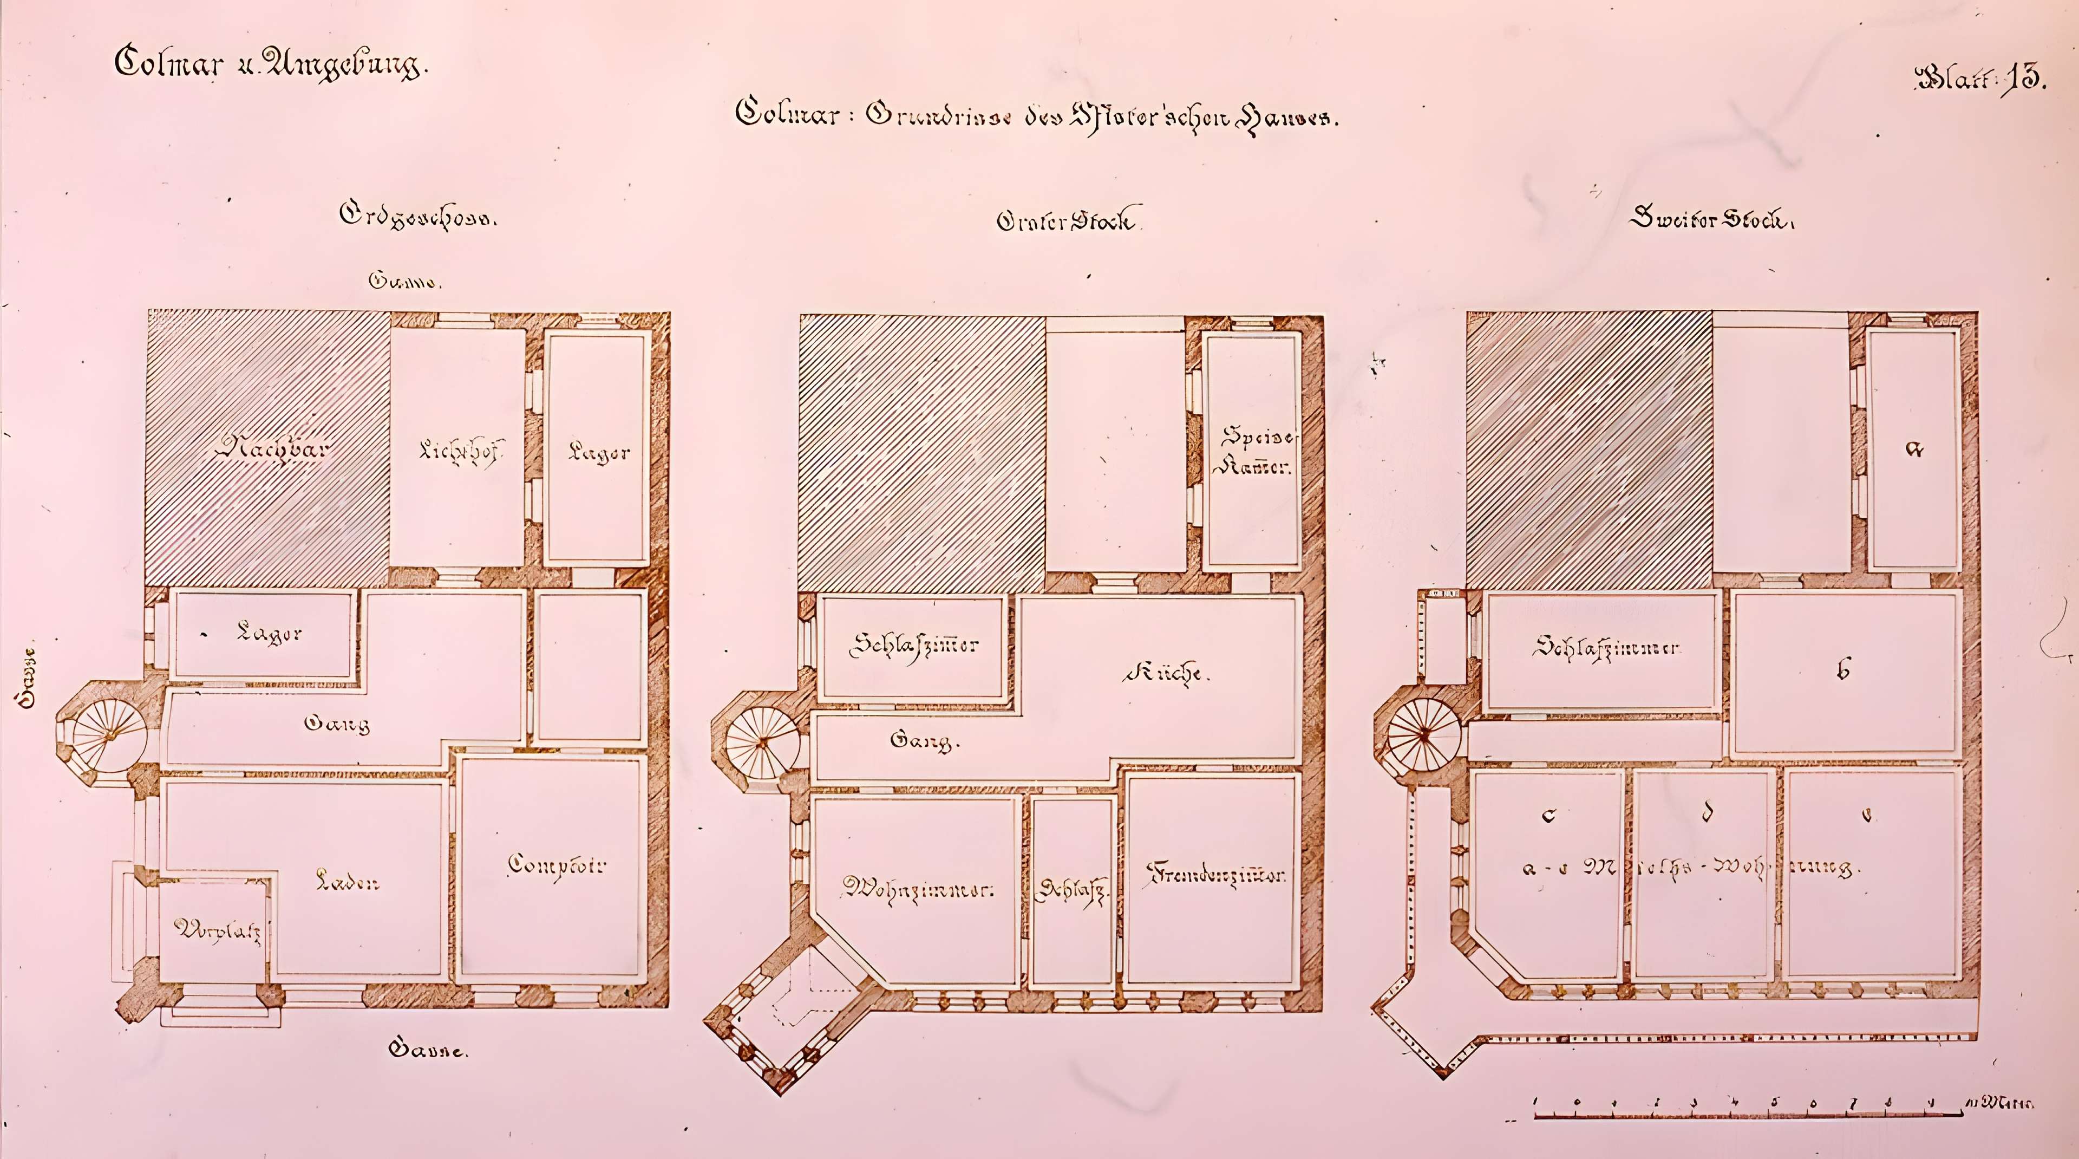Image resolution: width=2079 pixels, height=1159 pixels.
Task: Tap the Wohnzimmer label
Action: point(918,889)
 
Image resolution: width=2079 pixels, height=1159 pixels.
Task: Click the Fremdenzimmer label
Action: point(1215,875)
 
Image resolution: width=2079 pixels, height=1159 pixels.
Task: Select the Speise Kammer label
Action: point(1257,451)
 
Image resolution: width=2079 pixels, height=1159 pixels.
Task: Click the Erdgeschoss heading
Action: point(417,216)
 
